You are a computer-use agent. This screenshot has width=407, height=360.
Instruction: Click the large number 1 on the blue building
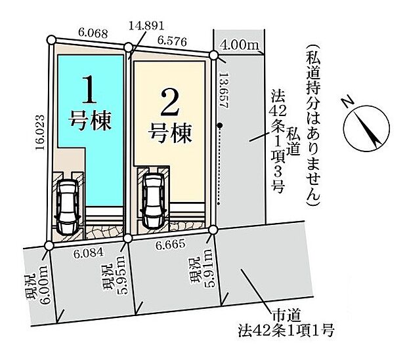[x=91, y=91]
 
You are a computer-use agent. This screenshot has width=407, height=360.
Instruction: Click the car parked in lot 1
[x=69, y=207]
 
